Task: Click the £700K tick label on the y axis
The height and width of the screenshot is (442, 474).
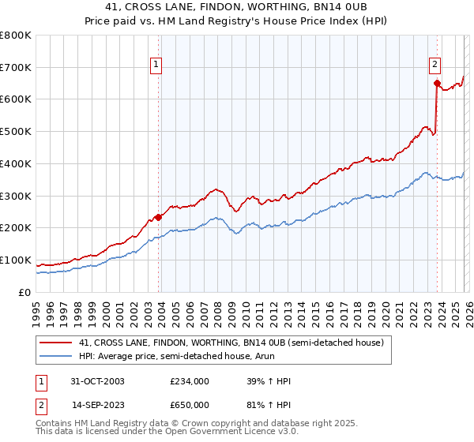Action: point(15,68)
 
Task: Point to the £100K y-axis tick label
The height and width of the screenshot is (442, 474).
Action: point(15,260)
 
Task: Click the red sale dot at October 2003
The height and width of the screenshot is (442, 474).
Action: point(159,217)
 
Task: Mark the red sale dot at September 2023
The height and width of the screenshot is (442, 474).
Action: point(436,83)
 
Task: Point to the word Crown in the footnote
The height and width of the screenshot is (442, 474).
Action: point(197,423)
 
